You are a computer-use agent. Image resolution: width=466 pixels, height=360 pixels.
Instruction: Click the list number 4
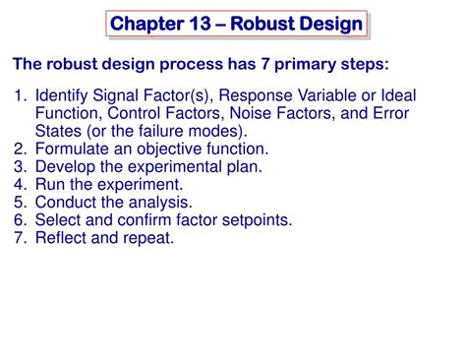click(x=20, y=184)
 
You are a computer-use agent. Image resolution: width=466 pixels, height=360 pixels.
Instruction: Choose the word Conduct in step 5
click(x=65, y=202)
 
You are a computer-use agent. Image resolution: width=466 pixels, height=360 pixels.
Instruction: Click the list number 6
click(x=20, y=219)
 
